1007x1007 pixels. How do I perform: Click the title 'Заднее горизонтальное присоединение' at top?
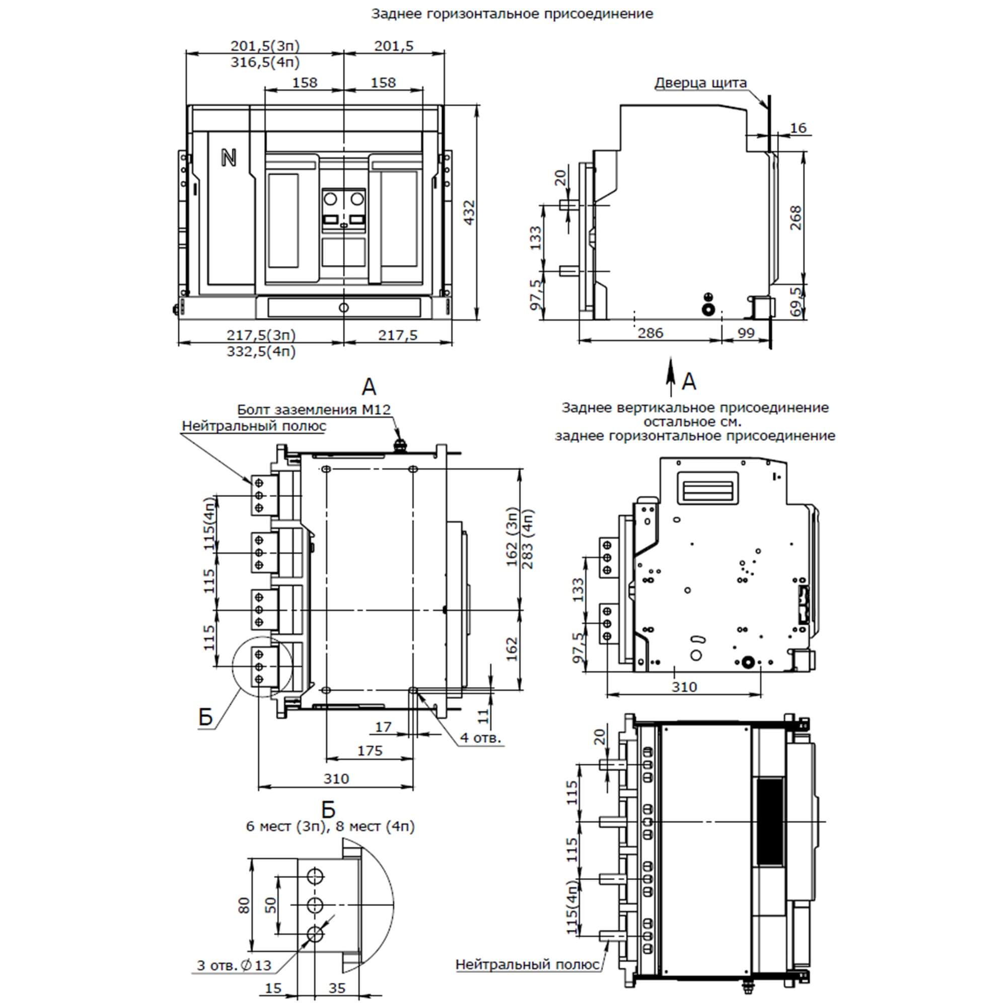tap(512, 14)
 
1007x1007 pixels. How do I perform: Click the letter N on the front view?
tap(228, 158)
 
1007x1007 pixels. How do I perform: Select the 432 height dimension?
tap(469, 212)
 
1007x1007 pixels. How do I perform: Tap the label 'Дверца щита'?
tap(700, 83)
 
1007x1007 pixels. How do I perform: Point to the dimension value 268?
tap(796, 218)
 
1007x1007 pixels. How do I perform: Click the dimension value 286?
tap(651, 333)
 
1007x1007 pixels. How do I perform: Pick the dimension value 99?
tap(746, 333)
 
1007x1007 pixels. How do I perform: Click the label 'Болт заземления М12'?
tap(314, 410)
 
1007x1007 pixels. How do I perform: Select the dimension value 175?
tap(370, 751)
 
